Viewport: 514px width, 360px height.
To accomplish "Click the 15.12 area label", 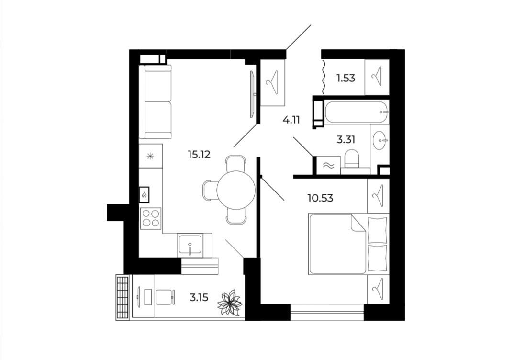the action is click(199, 154).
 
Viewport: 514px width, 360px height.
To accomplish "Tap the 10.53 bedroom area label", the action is click(320, 198).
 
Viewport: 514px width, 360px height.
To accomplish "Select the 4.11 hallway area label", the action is click(291, 120).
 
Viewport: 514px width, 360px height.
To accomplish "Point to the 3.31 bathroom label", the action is click(346, 140).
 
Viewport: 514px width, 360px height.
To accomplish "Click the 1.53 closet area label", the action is click(346, 78).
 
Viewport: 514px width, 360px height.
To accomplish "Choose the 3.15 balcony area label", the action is click(199, 297).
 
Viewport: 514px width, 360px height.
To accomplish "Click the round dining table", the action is click(236, 190).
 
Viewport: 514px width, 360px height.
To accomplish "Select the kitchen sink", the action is click(190, 246).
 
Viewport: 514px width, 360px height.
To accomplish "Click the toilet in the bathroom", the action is click(352, 159).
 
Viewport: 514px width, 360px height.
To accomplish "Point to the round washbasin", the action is click(380, 140).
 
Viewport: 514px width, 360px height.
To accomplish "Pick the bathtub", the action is click(357, 112).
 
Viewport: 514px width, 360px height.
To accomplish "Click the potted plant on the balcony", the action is click(230, 302).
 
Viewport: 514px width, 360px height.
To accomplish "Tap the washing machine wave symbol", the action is click(328, 166).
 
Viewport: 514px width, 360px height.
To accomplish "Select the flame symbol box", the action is click(144, 195).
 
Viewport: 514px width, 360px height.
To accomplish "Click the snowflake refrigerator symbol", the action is click(150, 156).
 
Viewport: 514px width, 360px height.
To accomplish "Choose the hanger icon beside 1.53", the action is click(377, 77).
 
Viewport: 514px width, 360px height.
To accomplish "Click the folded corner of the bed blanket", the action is click(358, 224).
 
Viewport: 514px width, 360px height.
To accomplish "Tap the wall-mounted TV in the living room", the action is click(252, 94).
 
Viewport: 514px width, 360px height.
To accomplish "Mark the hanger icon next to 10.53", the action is click(378, 196).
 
